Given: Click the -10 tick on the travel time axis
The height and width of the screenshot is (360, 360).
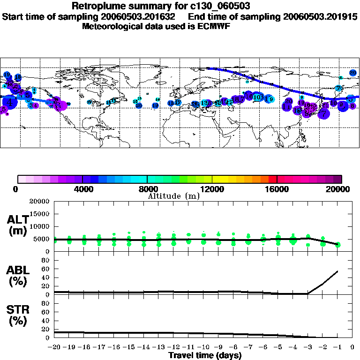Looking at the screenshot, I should [203, 347].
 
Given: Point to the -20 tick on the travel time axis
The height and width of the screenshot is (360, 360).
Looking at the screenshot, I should [54, 347].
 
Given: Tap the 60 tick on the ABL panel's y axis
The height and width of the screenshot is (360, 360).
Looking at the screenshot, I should [46, 269].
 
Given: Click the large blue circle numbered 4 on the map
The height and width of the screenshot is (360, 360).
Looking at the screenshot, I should [9, 102].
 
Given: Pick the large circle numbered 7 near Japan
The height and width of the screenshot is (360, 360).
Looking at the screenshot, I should [323, 112].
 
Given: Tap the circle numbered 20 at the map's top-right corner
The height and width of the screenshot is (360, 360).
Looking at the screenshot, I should [353, 73].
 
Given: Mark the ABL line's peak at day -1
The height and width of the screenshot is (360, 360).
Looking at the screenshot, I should [337, 271].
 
